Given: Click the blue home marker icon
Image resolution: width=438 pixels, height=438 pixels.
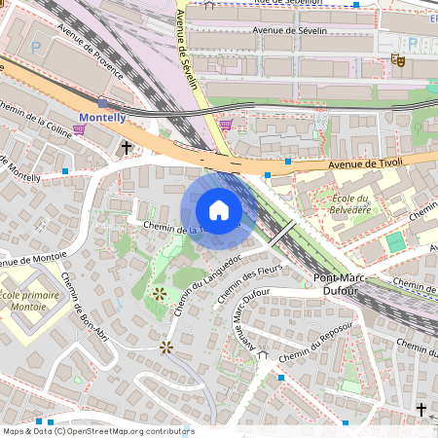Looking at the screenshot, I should pos(219,210).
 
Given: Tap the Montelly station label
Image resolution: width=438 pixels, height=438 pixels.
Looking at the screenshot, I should pos(102,118).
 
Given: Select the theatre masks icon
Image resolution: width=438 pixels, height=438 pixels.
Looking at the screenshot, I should pos(397,59).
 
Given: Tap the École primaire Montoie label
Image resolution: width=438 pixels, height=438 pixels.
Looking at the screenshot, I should pos(30,301).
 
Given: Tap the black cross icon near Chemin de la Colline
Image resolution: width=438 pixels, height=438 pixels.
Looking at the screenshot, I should pos(126,147).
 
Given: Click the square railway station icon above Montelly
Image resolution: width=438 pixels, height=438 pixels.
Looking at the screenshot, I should pos(103,102).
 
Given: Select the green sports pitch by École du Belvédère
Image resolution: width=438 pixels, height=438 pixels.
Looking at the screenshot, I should pos(394,241).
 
